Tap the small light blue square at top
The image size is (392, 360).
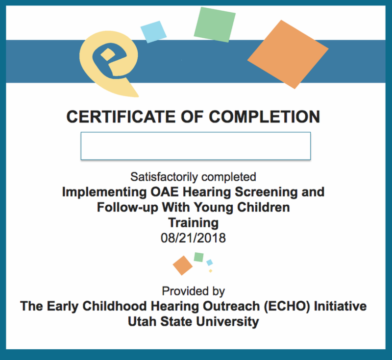coord(153,32)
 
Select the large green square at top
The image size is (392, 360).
coord(215,24)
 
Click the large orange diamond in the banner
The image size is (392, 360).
coord(288,54)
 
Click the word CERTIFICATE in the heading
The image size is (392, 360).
coord(121,117)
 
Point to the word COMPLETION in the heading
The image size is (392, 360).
coord(264,117)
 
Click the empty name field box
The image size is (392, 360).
coord(196,146)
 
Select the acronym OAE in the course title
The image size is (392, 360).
coord(165,192)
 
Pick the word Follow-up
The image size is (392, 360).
coord(127,208)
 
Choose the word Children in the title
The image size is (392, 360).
coord(264,207)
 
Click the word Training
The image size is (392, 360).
coord(194,223)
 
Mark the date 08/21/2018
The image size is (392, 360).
coord(193,238)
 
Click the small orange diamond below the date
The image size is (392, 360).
coord(182,265)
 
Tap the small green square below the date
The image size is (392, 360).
coord(199,257)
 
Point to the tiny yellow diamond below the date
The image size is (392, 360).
coord(211,271)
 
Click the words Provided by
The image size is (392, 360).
coord(193,291)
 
